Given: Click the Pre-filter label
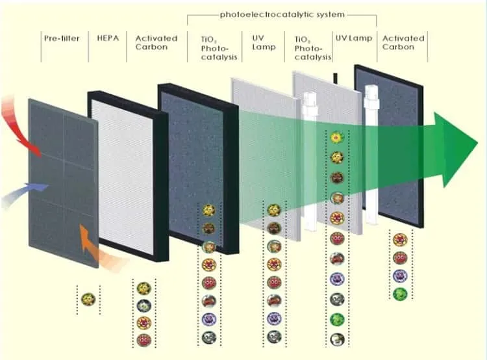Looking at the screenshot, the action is (62, 38).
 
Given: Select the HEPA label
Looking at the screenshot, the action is (108, 38).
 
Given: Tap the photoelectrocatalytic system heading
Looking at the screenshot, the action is (282, 14).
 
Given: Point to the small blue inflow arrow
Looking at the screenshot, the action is (25, 194).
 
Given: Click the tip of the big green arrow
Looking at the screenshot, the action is (478, 144).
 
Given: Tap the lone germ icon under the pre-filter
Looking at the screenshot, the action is (88, 300).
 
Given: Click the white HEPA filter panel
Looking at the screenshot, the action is (123, 175).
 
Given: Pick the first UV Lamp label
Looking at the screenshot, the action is (264, 43).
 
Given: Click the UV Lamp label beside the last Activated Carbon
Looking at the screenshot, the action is (354, 38).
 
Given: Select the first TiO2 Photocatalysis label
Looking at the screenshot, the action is (219, 48).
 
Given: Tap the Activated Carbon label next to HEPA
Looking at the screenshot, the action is (156, 43).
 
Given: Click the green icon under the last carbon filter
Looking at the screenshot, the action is (400, 294).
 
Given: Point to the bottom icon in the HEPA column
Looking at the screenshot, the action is (144, 340).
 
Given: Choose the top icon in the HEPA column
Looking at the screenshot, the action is (144, 289).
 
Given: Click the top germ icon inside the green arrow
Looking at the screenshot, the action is (336, 137).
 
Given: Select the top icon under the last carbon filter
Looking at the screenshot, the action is (400, 240).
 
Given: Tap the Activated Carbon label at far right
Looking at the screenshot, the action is (403, 43).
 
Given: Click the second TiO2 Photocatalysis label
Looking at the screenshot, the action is (313, 48).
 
